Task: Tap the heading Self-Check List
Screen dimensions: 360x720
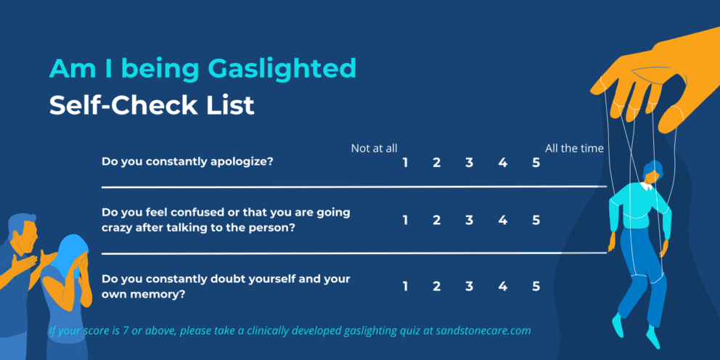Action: point(152,106)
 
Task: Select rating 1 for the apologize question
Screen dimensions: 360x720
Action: point(405,163)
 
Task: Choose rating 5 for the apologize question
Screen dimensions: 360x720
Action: point(536,163)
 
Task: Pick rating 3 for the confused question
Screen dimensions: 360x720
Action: point(470,220)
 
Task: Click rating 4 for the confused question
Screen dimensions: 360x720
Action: point(502,220)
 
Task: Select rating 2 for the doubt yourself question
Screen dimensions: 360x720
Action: point(437,286)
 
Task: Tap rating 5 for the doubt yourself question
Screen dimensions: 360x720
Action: point(536,286)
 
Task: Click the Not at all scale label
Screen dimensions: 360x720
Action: point(374,148)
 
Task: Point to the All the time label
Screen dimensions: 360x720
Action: point(574,148)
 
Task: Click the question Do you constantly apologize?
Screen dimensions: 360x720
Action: point(187,161)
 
